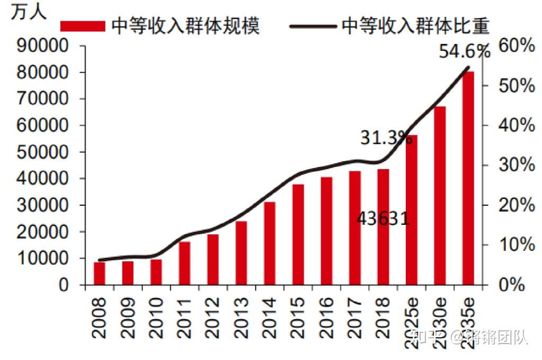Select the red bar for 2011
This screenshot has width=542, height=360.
point(184,264)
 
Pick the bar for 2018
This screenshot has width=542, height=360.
point(383,227)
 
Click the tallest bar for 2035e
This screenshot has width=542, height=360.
point(468,178)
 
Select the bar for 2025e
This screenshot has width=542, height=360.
point(412,210)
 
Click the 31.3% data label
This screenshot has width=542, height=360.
point(386,138)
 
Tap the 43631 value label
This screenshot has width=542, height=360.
point(383,218)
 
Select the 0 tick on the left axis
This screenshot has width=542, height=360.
point(64,285)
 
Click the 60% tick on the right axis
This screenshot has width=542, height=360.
point(516,46)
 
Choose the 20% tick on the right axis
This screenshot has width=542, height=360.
point(516,205)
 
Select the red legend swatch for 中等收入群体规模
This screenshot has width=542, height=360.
point(83,26)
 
